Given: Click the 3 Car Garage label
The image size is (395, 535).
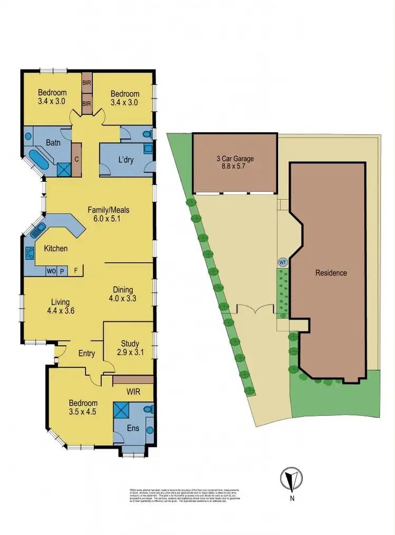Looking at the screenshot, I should coord(234,158).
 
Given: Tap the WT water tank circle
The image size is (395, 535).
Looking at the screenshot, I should coord(282,262).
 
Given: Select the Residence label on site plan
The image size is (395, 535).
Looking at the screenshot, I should coord(331,273).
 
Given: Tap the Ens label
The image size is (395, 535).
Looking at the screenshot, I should coord(133,428).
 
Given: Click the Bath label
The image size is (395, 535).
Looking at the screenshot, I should coord(53,143).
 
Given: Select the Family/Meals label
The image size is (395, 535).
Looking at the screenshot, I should coord(108,210).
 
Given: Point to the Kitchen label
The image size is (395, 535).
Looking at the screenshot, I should coord(55,248).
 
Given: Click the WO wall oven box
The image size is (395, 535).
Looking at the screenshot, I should coord(52,271).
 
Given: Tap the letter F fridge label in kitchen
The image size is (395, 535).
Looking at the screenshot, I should coord(76,271).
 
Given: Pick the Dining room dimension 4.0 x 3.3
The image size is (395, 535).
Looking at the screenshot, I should coord(123,298).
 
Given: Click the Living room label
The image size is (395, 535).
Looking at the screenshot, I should coord(61,302).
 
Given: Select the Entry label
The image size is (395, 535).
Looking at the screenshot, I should coord(86,353).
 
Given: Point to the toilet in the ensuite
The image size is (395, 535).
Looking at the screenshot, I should coord(148,409).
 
